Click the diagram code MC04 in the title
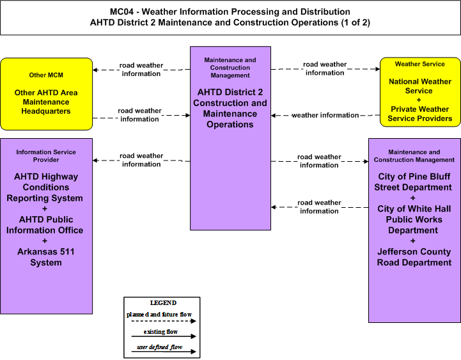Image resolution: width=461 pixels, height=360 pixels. [121, 12]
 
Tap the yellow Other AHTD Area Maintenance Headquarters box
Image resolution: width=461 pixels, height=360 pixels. [47, 94]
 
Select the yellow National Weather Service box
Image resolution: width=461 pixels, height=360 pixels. [420, 92]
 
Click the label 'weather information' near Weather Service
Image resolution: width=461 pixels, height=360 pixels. [325, 115]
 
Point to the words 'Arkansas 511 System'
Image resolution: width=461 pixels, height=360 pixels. [46, 257]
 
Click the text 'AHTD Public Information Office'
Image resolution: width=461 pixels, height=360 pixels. [45, 225]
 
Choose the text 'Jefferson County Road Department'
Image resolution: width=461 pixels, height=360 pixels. [414, 257]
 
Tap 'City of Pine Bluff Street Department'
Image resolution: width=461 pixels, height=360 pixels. [414, 182]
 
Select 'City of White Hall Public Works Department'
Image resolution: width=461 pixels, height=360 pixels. [414, 219]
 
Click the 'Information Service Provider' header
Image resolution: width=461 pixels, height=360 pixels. [46, 156]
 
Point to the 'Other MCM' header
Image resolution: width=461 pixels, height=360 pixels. [46, 75]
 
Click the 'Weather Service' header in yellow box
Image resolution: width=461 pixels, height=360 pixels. [420, 64]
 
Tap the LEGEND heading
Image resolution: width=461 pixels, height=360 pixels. [163, 303]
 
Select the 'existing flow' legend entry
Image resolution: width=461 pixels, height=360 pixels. [160, 332]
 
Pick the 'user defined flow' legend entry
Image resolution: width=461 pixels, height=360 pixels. [160, 347]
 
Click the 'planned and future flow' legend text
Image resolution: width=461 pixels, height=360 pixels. [159, 315]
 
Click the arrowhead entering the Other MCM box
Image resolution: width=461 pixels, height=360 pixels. [95, 70]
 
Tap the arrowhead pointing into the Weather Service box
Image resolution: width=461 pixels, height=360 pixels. [377, 69]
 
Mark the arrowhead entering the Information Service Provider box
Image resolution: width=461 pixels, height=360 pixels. [95, 160]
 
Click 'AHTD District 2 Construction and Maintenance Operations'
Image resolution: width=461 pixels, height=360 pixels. [230, 108]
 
